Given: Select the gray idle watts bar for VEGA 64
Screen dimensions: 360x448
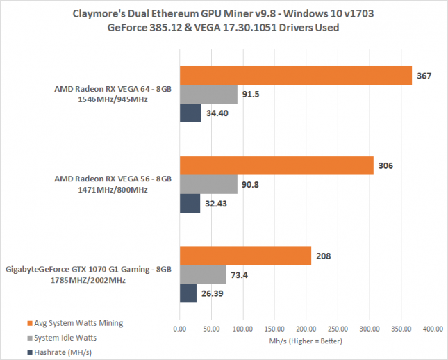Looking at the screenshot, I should [208, 95].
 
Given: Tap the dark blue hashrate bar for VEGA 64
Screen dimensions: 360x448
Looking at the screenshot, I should [190, 113].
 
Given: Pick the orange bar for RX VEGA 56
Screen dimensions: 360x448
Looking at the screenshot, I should [276, 165].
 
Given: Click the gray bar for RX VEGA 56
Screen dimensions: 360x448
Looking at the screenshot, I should [208, 184].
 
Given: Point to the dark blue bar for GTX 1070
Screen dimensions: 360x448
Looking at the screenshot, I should [188, 293].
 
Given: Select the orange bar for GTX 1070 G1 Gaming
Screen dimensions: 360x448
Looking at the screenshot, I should [245, 256].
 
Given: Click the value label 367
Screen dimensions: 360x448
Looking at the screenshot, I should [424, 75].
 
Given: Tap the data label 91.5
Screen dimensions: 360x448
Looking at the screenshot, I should [251, 95].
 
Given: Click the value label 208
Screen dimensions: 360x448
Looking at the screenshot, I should [322, 256].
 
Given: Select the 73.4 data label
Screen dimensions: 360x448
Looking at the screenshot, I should [240, 275].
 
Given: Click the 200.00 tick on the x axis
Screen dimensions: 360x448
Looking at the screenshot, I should [306, 328].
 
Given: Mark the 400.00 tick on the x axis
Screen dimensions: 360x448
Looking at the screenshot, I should [433, 328].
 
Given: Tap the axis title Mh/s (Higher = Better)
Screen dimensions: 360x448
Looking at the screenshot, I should [306, 341].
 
